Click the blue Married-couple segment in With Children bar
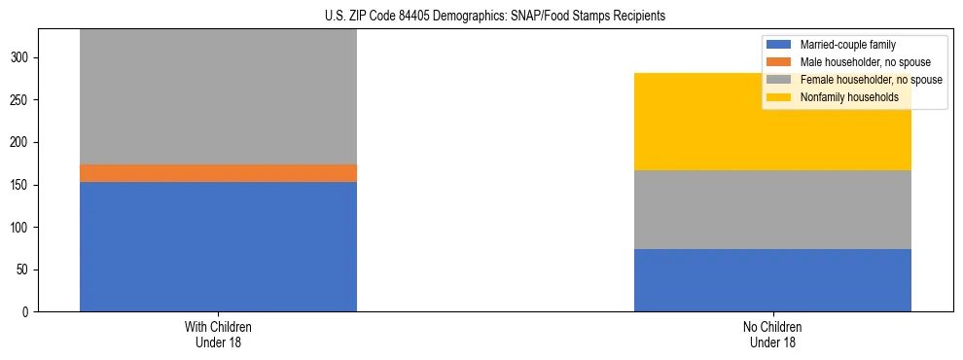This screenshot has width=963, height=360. [x=218, y=246]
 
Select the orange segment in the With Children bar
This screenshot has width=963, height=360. [x=218, y=173]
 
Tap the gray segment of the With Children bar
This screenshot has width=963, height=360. [x=218, y=97]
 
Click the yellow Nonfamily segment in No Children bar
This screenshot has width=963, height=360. [x=772, y=122]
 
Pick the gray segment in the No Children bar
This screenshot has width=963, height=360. [x=772, y=209]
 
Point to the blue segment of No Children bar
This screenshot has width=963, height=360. [x=772, y=280]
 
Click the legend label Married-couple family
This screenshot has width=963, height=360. [x=847, y=45]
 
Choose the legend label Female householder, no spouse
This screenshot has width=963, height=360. [x=871, y=80]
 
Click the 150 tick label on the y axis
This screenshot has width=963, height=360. [x=22, y=185]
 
